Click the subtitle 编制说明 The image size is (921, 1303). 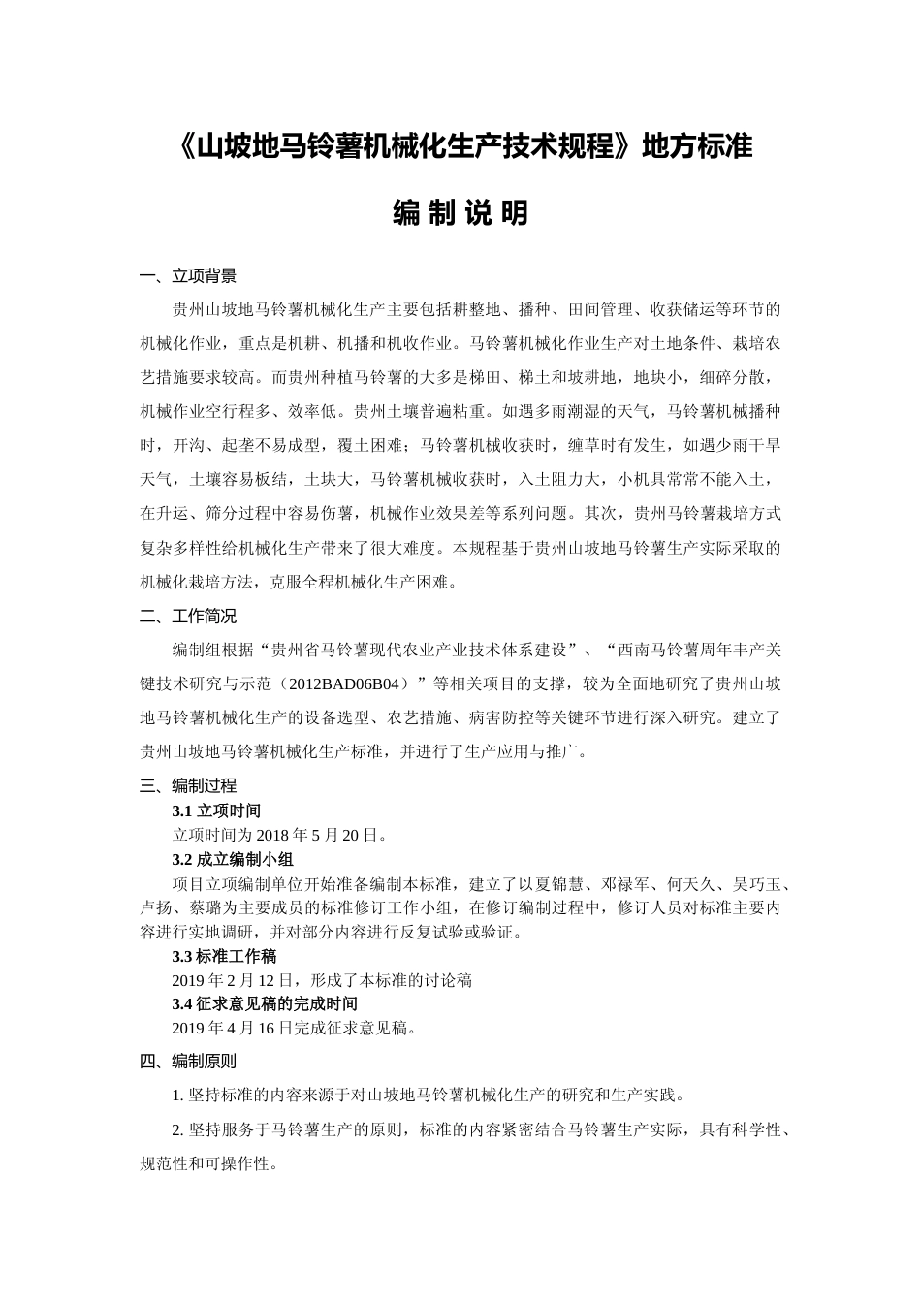tap(460, 212)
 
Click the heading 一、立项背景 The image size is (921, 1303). tap(188, 276)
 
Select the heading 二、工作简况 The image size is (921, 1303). tap(188, 617)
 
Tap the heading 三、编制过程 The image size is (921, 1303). tap(188, 785)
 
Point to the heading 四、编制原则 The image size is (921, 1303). tap(188, 1062)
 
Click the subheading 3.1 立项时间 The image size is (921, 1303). tap(216, 810)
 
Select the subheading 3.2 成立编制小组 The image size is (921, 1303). tap(233, 859)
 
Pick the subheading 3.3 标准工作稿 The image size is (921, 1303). tap(224, 956)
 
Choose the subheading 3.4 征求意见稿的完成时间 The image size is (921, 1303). tap(265, 1003)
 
